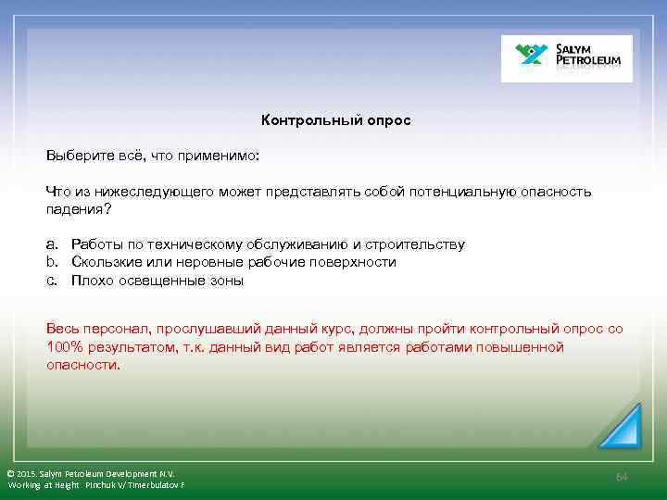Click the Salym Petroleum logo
coord(566,58)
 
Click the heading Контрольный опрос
coord(335,120)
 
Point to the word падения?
coord(79,208)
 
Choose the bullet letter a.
coord(52,244)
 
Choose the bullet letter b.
coord(52,262)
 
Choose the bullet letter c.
coord(52,281)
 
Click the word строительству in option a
coord(420,244)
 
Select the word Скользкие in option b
coord(104,262)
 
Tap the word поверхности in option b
coord(354,262)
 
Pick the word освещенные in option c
coord(156,281)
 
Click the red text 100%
coord(65,347)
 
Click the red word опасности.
coord(82,365)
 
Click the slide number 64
coord(622,476)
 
